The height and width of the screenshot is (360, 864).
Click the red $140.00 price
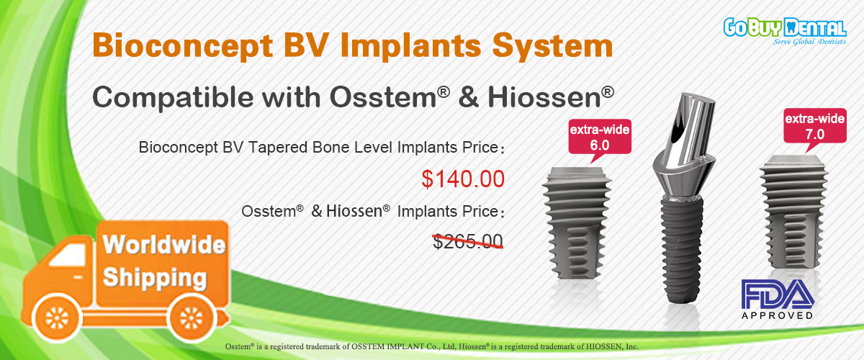[463, 179]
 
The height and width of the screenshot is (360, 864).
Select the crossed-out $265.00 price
[468, 241]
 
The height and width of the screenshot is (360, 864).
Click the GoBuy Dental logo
[785, 31]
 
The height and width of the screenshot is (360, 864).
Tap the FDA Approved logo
[778, 300]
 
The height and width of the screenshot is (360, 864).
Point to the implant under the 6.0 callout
[577, 223]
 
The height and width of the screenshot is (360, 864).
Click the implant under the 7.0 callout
[793, 212]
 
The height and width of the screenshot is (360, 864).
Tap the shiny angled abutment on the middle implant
[684, 146]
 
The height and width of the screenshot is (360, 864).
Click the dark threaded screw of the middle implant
[682, 249]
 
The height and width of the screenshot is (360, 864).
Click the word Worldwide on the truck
[164, 245]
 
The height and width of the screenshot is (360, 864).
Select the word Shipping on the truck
[155, 278]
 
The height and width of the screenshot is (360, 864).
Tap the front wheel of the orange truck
[57, 318]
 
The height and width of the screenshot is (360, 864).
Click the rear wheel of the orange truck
[192, 318]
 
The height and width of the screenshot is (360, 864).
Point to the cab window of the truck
[68, 256]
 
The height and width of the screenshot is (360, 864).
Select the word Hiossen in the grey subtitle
[544, 96]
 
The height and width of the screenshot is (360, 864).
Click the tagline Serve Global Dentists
[809, 41]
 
